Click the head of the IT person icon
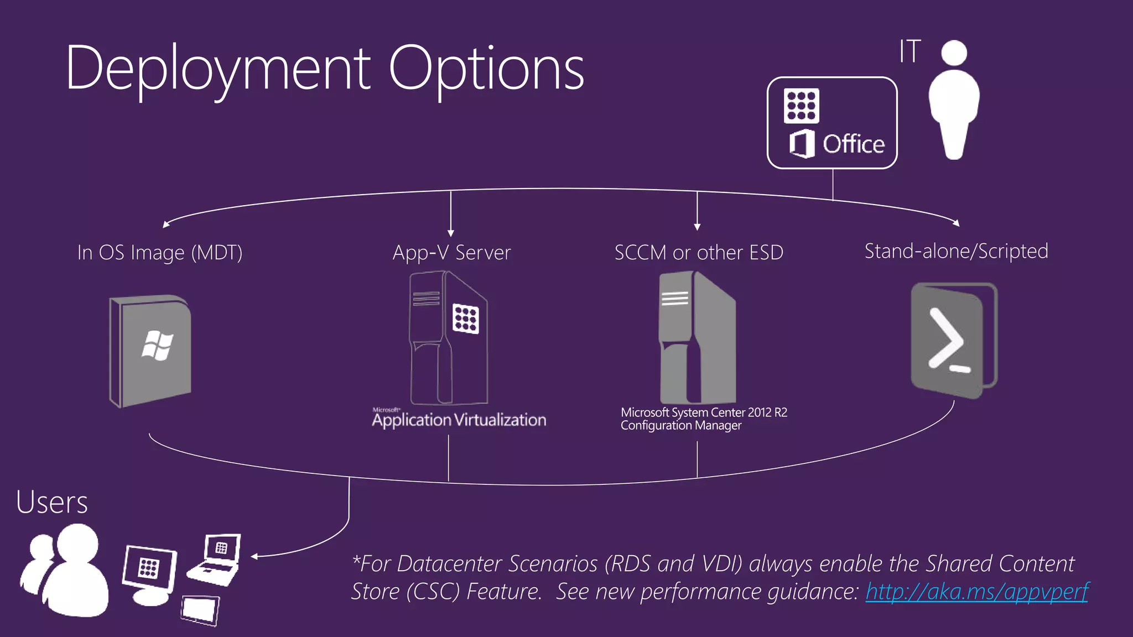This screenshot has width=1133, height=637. [x=954, y=53]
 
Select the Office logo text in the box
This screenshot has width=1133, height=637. [x=853, y=144]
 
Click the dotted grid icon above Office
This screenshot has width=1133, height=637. [x=801, y=106]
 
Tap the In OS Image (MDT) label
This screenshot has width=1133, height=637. [x=159, y=253]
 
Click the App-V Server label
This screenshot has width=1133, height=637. [x=451, y=253]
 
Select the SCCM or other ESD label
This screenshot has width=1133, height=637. [x=699, y=253]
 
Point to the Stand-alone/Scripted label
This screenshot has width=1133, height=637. [x=956, y=252]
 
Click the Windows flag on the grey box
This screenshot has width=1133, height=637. [x=157, y=346]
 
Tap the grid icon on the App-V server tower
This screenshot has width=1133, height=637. [x=465, y=318]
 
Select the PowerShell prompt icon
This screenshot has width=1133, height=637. [x=949, y=341]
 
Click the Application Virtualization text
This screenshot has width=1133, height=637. [x=459, y=420]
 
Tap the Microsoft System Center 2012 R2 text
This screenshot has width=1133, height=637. [x=704, y=413]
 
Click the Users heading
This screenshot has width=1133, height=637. [x=52, y=502]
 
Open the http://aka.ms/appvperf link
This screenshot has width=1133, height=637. [x=976, y=592]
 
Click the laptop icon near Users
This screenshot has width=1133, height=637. [x=216, y=558]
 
